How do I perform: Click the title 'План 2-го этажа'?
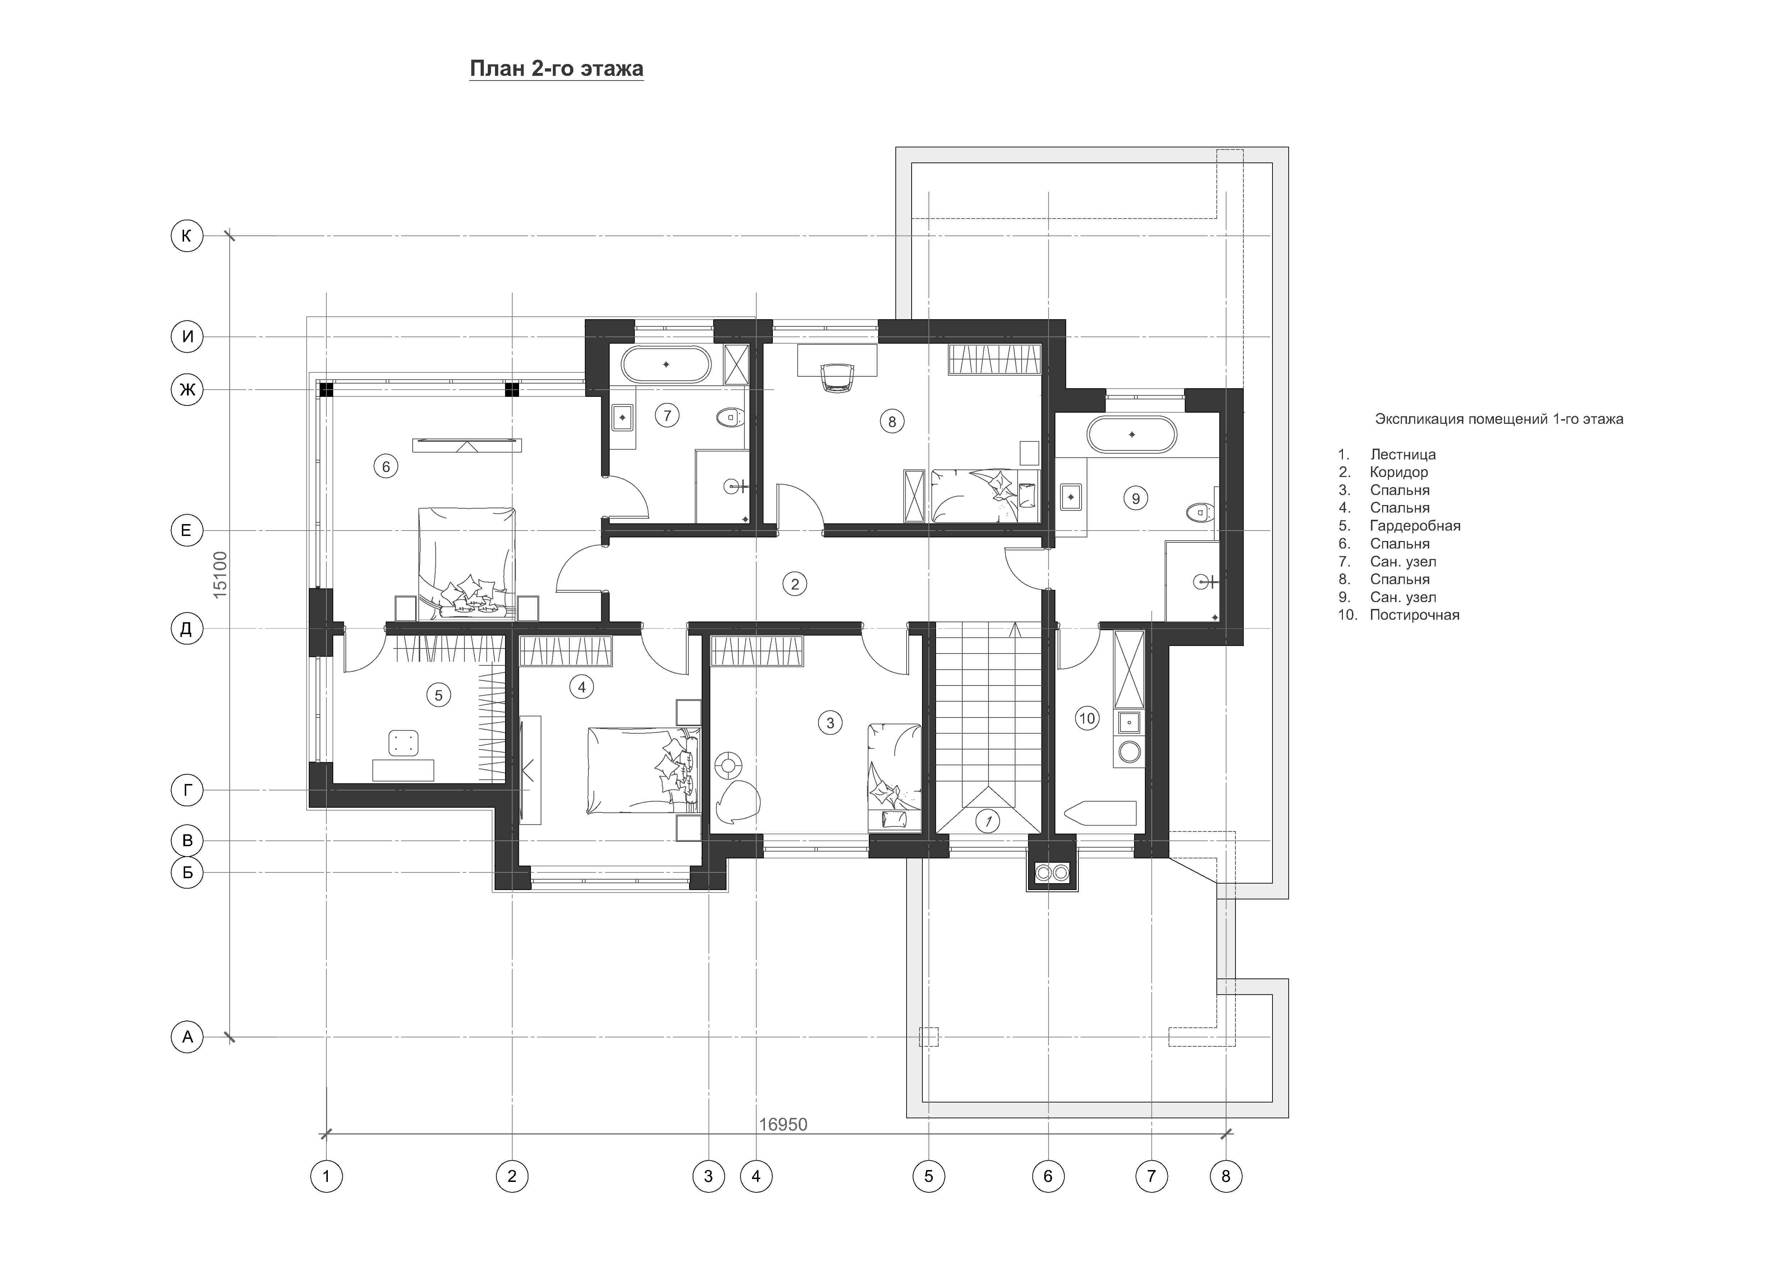[556, 69]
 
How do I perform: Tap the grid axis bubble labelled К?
[187, 235]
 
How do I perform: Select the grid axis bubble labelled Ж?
[187, 389]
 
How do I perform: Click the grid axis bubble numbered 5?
[928, 1176]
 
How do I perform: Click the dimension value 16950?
[783, 1124]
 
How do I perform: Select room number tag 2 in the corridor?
[794, 583]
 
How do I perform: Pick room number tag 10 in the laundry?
[1087, 718]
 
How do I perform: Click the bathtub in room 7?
[666, 364]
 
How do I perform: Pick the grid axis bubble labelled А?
[187, 1036]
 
